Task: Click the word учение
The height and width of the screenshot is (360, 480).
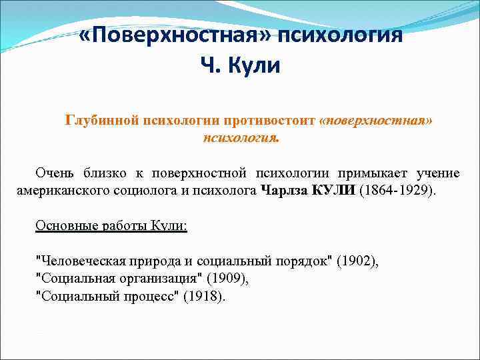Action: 438,173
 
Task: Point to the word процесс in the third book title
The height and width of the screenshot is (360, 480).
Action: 147,296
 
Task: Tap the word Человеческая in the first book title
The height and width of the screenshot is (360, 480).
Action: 74,261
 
